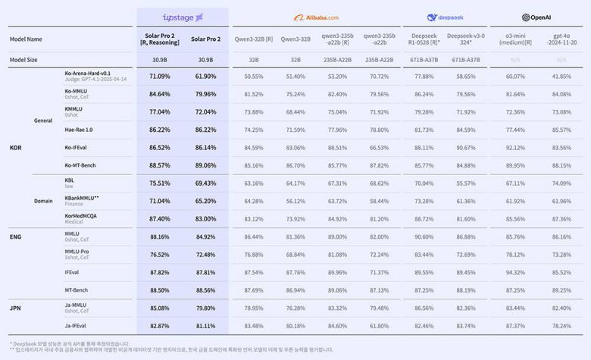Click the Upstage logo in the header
[x=183, y=17]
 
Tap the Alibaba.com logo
[x=315, y=17]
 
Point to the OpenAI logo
[x=536, y=17]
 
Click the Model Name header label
[x=26, y=39]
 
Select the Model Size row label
[x=25, y=59]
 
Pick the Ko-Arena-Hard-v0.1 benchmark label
[x=88, y=74]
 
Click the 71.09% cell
[x=160, y=77]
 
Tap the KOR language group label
[x=15, y=147]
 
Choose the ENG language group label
[x=15, y=236]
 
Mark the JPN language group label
[x=15, y=308]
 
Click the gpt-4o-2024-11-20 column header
[x=561, y=39]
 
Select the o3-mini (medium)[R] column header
[x=515, y=39]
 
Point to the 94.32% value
[x=515, y=272]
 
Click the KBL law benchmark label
[x=70, y=183]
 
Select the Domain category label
[x=43, y=201]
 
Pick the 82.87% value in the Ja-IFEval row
[x=160, y=325]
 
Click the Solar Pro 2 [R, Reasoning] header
[x=160, y=39]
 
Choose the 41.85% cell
[x=561, y=77]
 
